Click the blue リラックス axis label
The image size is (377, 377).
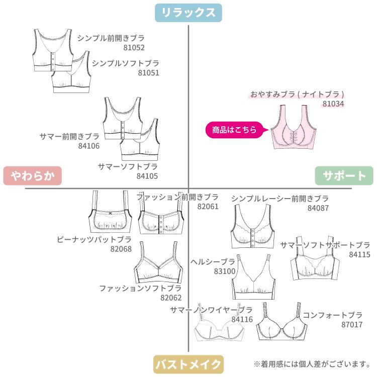[189, 13]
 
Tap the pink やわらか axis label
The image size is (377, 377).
[32, 176]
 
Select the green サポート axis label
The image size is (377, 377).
[344, 176]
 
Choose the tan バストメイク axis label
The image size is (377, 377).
[188, 363]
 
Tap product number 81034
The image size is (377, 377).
[333, 104]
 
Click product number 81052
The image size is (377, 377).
[134, 48]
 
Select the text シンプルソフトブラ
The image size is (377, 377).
[125, 63]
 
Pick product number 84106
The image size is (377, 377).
[89, 146]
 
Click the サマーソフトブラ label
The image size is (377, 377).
[128, 166]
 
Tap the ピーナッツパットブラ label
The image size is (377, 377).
[95, 240]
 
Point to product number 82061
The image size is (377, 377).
[208, 206]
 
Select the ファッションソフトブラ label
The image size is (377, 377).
[140, 289]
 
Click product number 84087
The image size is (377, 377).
[318, 208]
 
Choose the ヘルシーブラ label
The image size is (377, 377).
[213, 262]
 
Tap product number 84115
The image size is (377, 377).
[359, 255]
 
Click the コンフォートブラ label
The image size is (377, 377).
[332, 315]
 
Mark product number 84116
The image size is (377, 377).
[242, 319]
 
